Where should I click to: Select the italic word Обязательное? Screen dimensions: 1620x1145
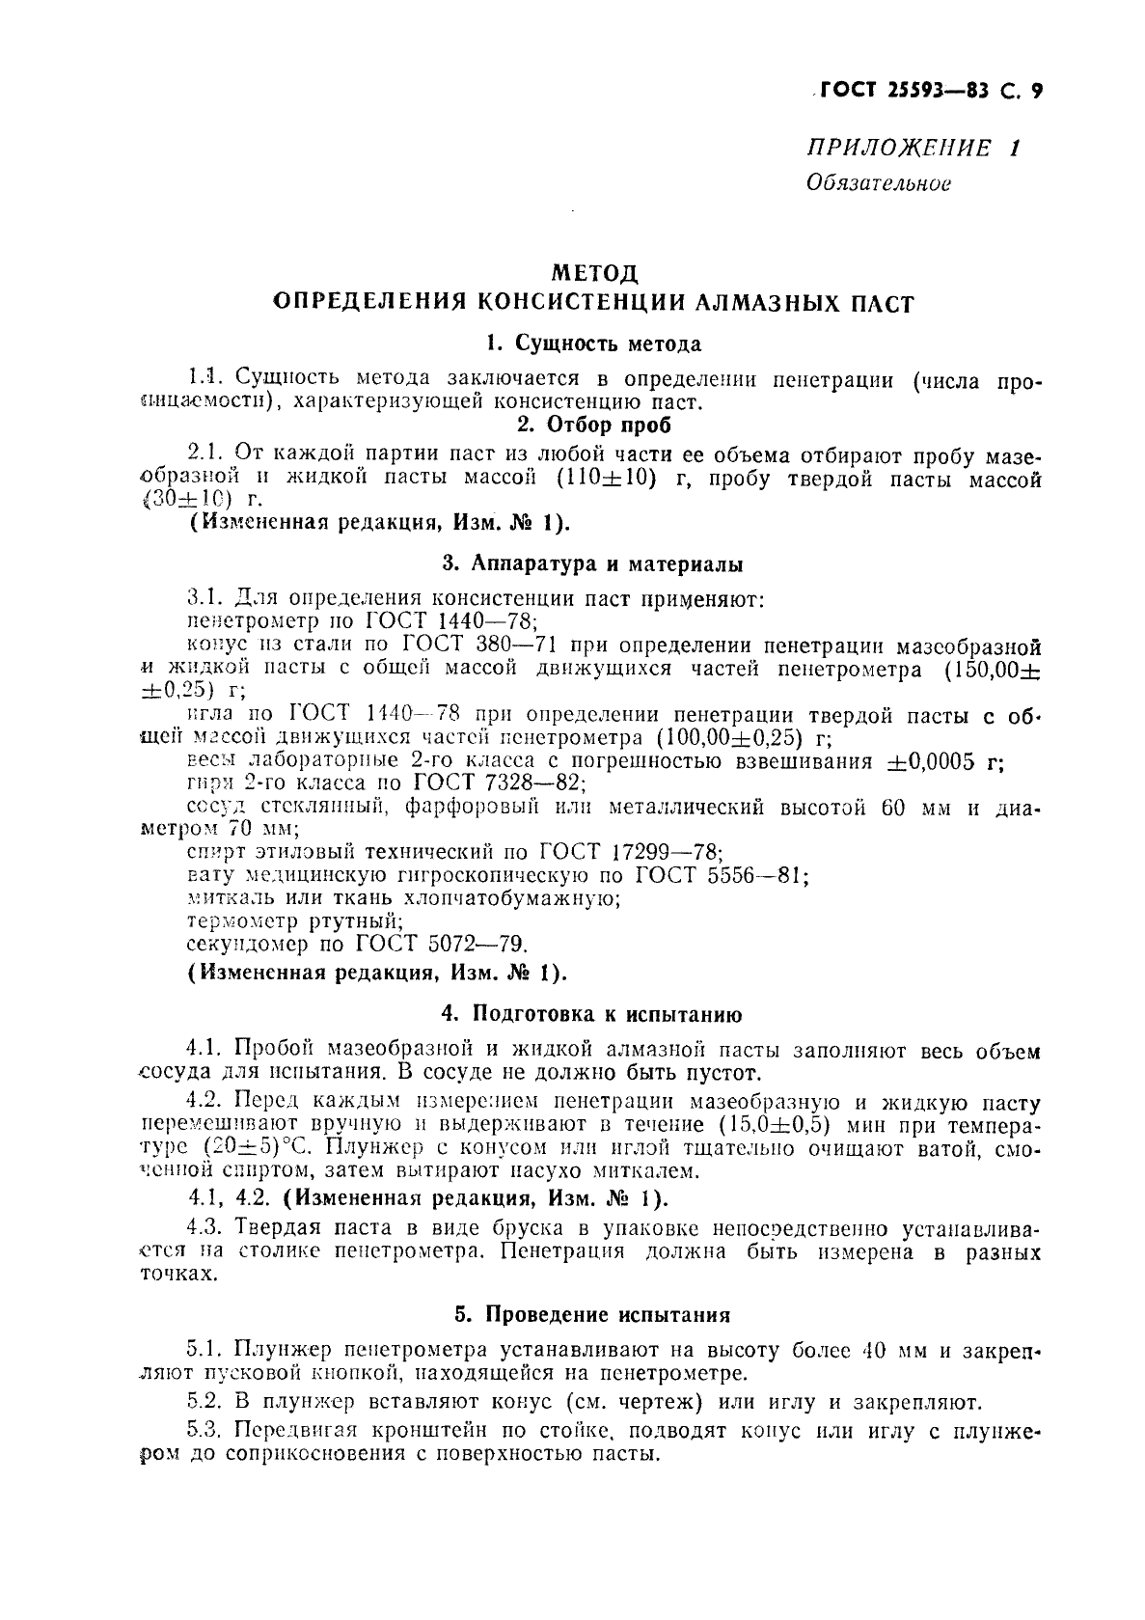878,183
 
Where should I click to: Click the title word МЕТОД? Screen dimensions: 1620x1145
593,273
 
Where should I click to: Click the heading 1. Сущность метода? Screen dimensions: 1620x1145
593,343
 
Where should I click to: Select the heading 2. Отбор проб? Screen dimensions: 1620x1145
593,425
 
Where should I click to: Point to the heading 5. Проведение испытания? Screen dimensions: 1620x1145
593,1314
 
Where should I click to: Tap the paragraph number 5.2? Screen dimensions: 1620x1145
203,1401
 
